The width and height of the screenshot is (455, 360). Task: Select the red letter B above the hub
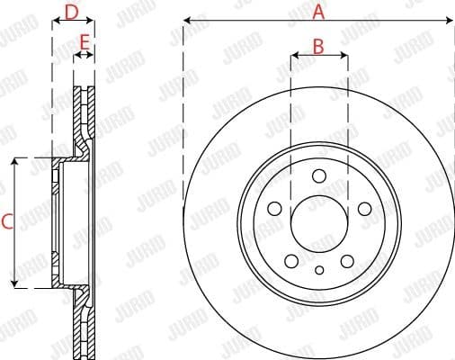(318, 46)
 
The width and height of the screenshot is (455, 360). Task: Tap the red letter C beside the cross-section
(7, 221)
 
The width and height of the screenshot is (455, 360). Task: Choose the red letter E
(84, 42)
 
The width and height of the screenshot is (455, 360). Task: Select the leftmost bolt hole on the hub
(275, 209)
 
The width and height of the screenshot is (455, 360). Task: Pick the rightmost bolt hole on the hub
(364, 209)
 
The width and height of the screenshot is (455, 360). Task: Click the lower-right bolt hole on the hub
(347, 261)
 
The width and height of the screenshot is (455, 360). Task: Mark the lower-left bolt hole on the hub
(291, 261)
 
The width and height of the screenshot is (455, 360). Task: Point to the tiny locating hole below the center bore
(319, 269)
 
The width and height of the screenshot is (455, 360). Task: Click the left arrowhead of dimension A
(187, 20)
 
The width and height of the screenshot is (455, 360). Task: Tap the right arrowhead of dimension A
(450, 20)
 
